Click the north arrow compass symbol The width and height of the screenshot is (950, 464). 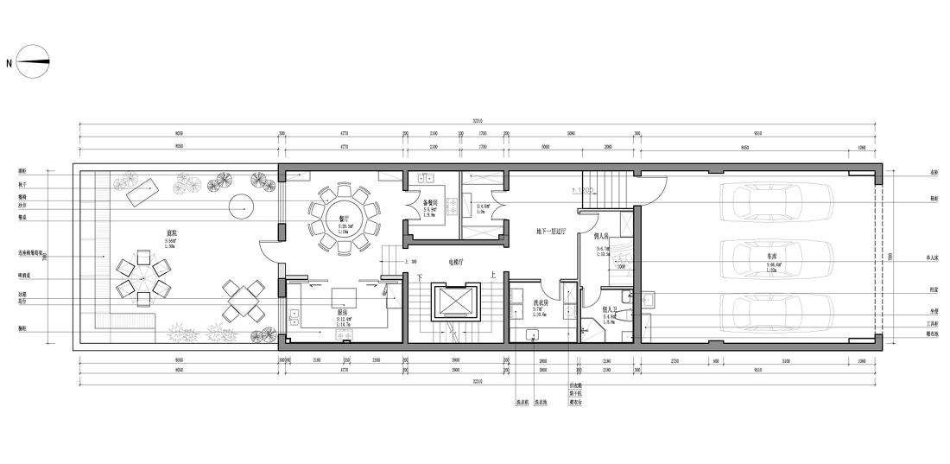click(33, 61)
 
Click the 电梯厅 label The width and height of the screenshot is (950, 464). click(456, 262)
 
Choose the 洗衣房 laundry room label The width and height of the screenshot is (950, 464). click(542, 302)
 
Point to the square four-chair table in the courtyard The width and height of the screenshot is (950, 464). click(244, 302)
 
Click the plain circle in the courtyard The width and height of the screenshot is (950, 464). click(241, 207)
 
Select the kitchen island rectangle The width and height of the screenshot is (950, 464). click(345, 298)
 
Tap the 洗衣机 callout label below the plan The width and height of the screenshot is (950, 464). click(522, 402)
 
